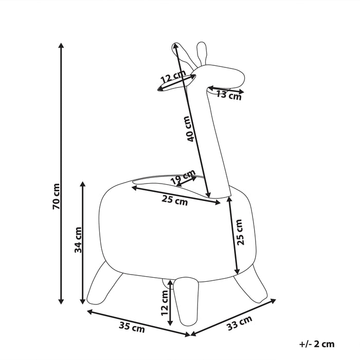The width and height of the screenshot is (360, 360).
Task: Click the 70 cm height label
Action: tap(56, 196)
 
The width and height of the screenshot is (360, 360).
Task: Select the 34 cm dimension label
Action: tap(78, 240)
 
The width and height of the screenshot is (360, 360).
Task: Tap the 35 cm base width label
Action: tap(132, 328)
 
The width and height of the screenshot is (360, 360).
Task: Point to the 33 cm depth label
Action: tap(240, 323)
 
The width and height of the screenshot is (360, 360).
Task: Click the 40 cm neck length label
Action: tap(189, 129)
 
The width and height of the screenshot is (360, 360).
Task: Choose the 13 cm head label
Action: tap(229, 95)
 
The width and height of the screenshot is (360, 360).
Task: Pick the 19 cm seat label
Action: tap(183, 176)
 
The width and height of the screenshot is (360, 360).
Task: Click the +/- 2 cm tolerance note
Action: tap(317, 344)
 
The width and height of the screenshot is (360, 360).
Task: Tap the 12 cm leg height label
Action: tap(165, 303)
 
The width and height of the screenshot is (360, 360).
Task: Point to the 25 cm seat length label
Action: tap(175, 200)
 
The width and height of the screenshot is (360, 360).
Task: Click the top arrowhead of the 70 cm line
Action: tap(61, 45)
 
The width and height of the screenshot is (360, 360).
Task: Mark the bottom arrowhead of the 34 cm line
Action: tap(83, 302)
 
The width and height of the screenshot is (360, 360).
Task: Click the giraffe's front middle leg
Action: tap(186, 300)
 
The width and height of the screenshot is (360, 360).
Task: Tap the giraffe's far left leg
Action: tap(104, 283)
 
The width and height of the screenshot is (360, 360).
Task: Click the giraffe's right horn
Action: tap(202, 53)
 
